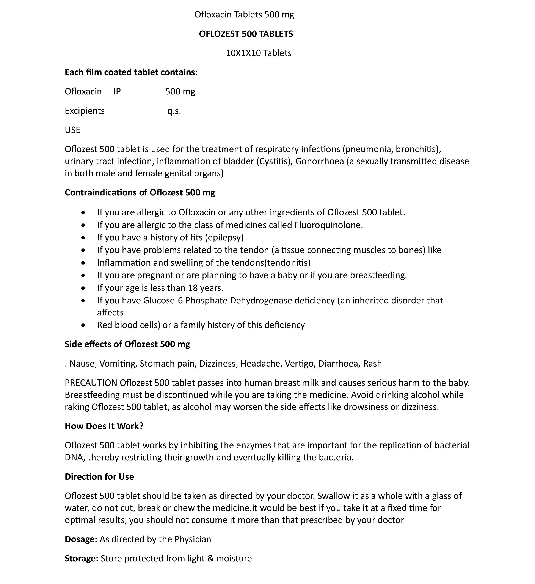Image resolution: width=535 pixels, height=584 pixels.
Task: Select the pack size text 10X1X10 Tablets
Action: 259,53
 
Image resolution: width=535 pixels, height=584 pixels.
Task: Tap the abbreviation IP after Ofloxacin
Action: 117,92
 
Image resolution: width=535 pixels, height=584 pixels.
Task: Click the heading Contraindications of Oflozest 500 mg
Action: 140,192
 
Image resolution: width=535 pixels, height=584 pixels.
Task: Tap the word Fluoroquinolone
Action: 328,225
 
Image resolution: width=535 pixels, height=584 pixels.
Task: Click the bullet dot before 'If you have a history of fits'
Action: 83,237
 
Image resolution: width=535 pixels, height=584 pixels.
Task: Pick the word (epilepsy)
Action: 224,237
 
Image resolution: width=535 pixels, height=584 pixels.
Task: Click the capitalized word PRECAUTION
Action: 91,383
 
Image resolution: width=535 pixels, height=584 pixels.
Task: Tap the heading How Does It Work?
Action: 104,426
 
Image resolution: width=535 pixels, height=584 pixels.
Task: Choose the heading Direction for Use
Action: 99,477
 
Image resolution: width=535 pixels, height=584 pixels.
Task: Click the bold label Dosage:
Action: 81,539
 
